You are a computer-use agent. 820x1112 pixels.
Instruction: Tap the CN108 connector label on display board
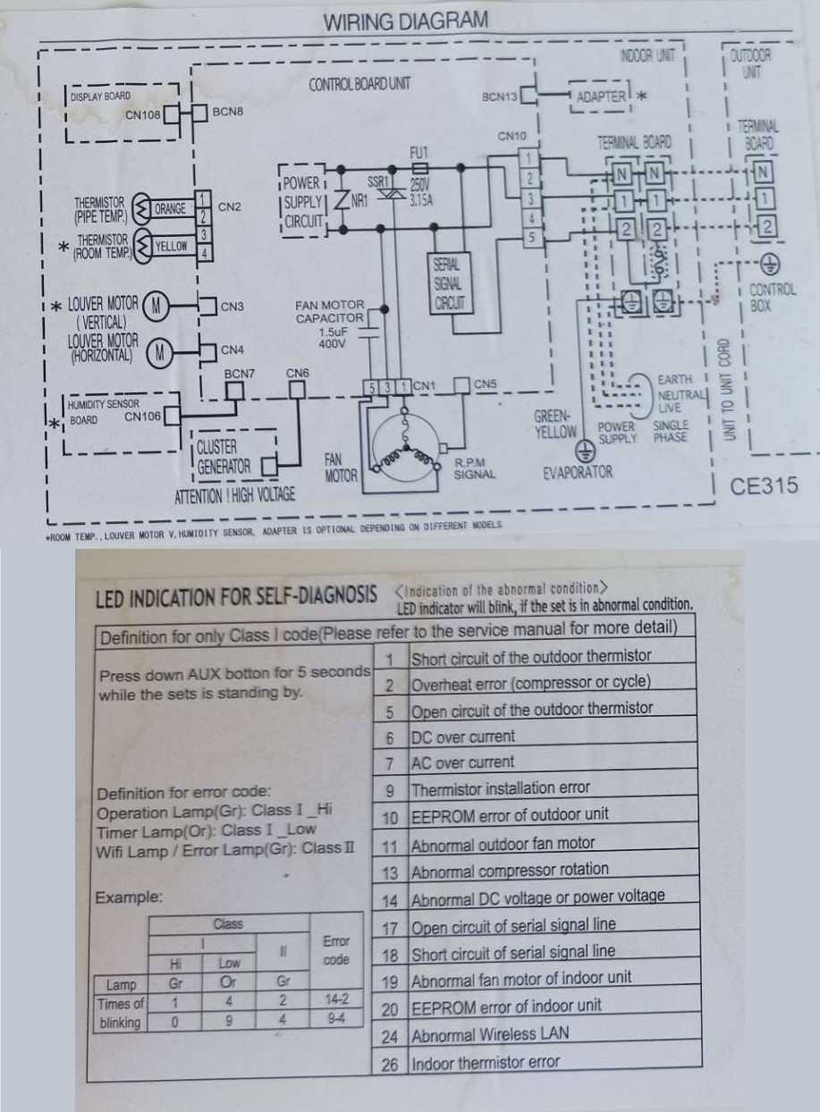142,114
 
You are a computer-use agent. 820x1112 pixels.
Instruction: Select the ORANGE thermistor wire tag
170,209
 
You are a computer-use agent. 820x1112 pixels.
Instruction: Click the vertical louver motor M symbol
156,307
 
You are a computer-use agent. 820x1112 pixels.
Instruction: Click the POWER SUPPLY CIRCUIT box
301,202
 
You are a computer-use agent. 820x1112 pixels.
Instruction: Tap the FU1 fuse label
419,153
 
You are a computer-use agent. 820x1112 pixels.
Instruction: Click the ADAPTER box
600,97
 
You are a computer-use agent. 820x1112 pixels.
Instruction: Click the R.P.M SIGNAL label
474,468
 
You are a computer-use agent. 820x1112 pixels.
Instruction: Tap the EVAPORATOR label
578,472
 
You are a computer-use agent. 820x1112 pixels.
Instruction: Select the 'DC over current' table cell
462,737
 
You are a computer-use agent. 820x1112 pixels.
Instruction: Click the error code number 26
389,1065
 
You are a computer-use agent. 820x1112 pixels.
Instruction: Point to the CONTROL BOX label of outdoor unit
772,297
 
